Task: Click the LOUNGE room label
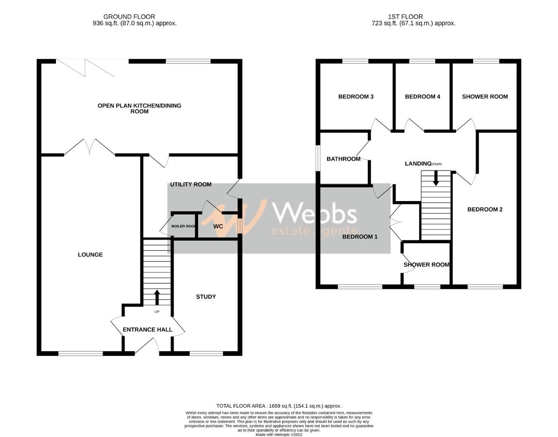click(x=90, y=255)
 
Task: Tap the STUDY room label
click(x=206, y=297)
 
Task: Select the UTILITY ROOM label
click(x=190, y=185)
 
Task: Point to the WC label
click(x=218, y=226)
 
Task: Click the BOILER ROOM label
click(x=184, y=226)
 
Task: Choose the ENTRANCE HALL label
click(x=148, y=330)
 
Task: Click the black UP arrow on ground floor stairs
click(x=157, y=297)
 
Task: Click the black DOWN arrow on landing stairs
click(x=436, y=178)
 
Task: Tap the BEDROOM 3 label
click(x=356, y=97)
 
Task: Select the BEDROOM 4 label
click(x=422, y=97)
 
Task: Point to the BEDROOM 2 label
click(x=485, y=209)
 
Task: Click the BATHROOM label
click(x=343, y=159)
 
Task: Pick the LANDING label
click(x=418, y=163)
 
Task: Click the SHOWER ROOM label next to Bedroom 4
click(x=485, y=97)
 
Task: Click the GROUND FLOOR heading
click(x=129, y=17)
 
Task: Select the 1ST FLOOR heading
click(x=405, y=17)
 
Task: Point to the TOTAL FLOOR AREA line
click(x=279, y=406)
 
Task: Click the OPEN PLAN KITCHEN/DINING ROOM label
click(x=139, y=108)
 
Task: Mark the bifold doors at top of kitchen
click(x=86, y=68)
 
